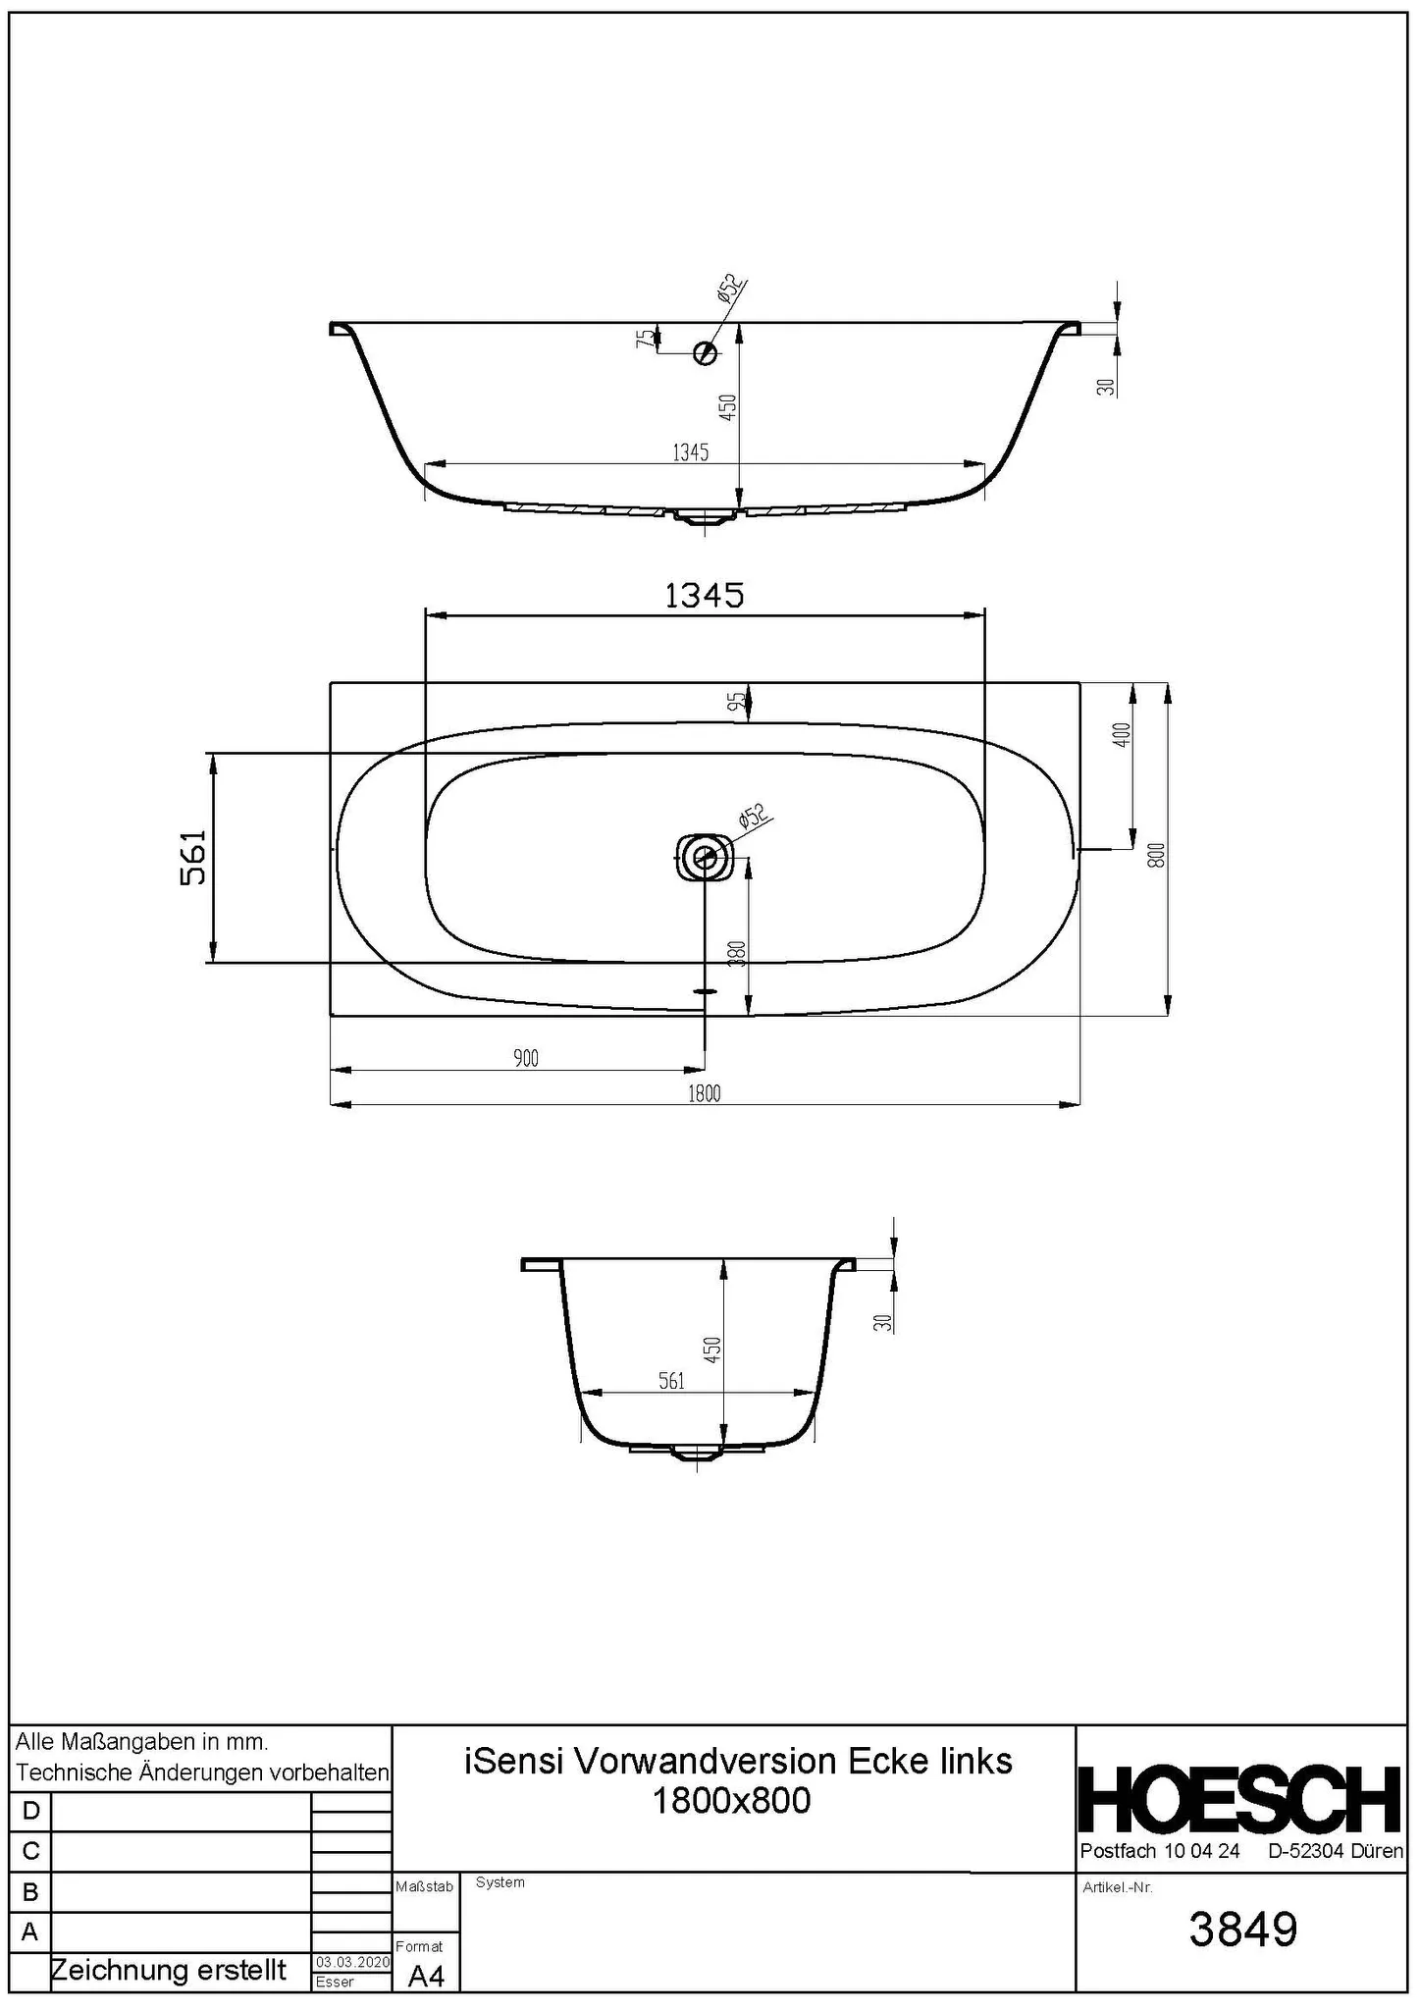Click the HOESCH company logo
(x=1240, y=1800)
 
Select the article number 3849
(x=1242, y=1929)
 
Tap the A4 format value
(x=426, y=1977)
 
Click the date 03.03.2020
(x=352, y=1962)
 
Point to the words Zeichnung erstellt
(x=168, y=1970)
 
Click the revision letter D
(x=30, y=1811)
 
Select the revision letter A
(x=30, y=1931)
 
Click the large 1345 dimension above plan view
(x=704, y=596)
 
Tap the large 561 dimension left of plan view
(x=194, y=858)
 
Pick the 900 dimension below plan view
(x=526, y=1059)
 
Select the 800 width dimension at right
(x=1157, y=855)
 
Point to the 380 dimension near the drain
(x=738, y=953)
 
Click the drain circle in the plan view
(x=705, y=857)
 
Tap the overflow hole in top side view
(x=705, y=352)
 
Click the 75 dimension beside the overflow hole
(x=644, y=339)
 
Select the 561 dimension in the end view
(x=671, y=1381)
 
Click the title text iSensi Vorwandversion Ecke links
(x=737, y=1761)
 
